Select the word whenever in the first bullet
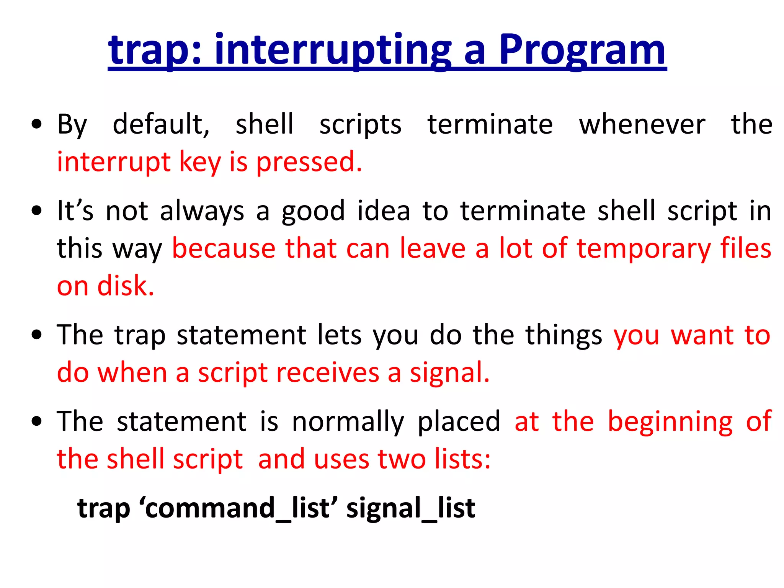[x=642, y=124]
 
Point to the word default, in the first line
[x=161, y=124]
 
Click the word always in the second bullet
[x=202, y=211]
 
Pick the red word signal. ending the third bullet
[x=450, y=373]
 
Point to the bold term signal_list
[x=411, y=508]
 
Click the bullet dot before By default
[x=37, y=124]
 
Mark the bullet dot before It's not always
[x=37, y=211]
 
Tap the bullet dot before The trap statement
[x=37, y=335]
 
